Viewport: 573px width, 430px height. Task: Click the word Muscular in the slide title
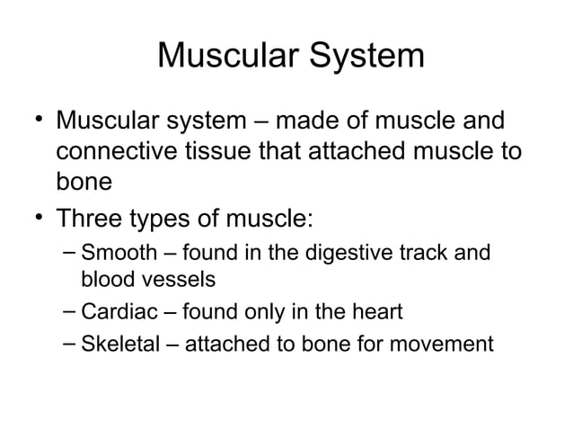(229, 57)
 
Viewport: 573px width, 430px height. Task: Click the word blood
(106, 280)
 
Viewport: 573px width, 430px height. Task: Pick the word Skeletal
(118, 344)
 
